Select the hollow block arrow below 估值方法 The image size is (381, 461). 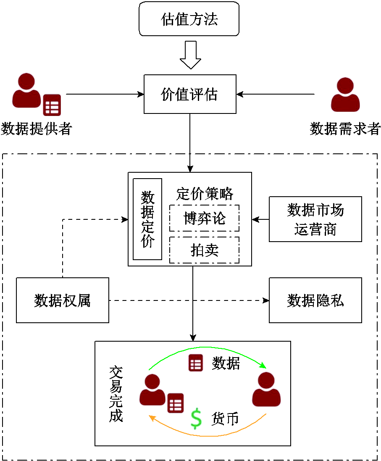[x=190, y=55]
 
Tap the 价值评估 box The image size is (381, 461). [x=190, y=94]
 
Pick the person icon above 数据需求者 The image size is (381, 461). [x=345, y=95]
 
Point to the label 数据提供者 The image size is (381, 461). [x=36, y=129]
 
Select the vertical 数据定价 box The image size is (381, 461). [x=147, y=219]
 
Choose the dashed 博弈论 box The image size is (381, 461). [x=204, y=218]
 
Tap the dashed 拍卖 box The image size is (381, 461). [x=204, y=250]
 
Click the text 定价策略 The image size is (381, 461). [x=205, y=194]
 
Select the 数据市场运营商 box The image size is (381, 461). [x=315, y=219]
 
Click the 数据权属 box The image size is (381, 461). [x=63, y=300]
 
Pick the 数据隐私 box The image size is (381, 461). [x=315, y=300]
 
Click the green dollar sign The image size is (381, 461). [x=196, y=419]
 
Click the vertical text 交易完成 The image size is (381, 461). [x=116, y=393]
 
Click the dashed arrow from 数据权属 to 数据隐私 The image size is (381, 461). [x=189, y=300]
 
